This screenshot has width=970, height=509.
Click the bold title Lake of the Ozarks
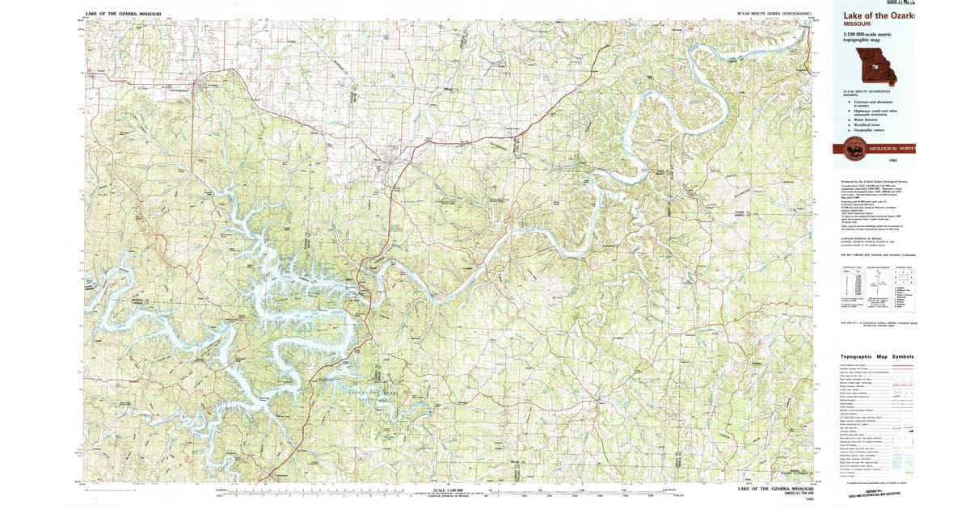coord(878,16)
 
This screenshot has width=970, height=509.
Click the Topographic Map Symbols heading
coord(877,356)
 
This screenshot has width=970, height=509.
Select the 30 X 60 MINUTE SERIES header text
coord(774,14)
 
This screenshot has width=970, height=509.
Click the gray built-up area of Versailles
coord(213,84)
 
